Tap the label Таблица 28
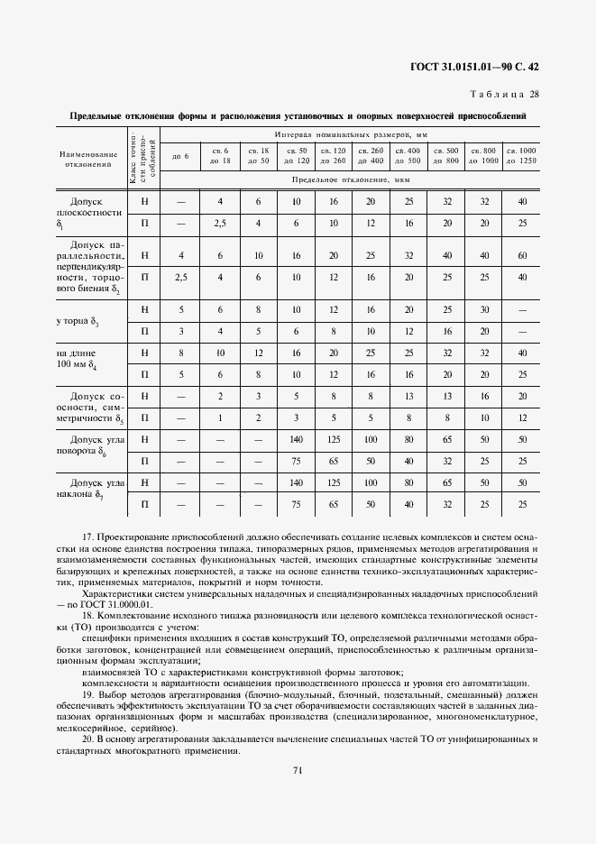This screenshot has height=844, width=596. [505, 94]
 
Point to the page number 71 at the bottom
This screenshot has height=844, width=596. [297, 768]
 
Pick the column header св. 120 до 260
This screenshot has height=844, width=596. [334, 154]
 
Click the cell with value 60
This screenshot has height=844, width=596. [520, 256]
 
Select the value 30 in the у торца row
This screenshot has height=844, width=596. [483, 309]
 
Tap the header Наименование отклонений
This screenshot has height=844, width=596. [90, 159]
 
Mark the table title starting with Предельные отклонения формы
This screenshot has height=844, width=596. [297, 116]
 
